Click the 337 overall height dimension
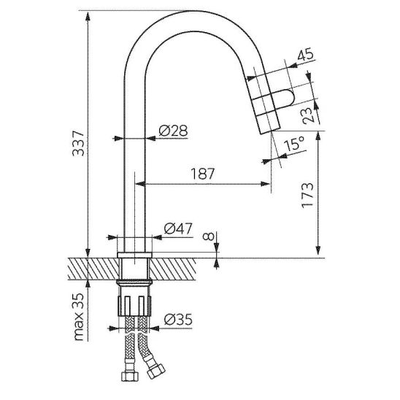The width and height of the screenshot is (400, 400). click(78, 143)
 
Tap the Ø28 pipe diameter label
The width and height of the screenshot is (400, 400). click(173, 131)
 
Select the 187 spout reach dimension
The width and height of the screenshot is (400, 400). click(203, 174)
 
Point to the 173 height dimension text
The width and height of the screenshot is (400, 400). click(307, 195)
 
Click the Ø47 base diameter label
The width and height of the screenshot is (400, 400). click(178, 228)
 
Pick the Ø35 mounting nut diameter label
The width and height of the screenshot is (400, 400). click(178, 320)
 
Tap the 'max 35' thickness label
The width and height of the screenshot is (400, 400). click(79, 317)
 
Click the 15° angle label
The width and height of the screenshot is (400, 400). click(294, 143)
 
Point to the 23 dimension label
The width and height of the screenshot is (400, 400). click(308, 115)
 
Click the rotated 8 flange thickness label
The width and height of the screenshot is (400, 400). click(209, 237)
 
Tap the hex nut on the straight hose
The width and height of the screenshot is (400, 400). click(130, 376)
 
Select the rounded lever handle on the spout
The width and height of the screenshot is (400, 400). click(284, 98)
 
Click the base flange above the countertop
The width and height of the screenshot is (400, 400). click(134, 255)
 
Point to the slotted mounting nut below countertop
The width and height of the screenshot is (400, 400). click(134, 306)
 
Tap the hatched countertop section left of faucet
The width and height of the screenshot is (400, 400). click(94, 269)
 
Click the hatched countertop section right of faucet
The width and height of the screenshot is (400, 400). click(172, 269)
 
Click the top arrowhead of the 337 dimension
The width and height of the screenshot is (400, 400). click(88, 16)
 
